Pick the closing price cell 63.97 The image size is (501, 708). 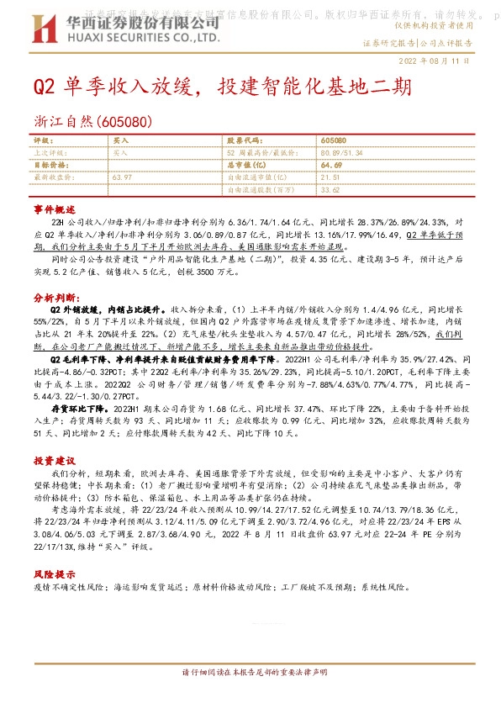[x=123, y=177]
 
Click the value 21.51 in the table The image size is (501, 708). [x=330, y=177]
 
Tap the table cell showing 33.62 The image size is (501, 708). [x=330, y=190]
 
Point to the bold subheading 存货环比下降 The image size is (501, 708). [x=80, y=406]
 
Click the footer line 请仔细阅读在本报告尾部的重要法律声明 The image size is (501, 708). [x=250, y=697]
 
